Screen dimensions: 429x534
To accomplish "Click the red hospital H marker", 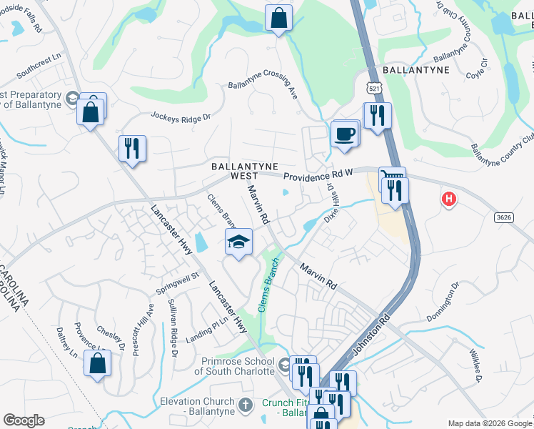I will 448,199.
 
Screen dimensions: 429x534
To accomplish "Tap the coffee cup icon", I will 346,134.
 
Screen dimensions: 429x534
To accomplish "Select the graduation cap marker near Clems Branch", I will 239,242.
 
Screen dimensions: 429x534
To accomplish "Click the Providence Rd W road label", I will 318,174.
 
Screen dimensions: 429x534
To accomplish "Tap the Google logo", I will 24,420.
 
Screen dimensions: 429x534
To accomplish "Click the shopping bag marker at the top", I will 278,17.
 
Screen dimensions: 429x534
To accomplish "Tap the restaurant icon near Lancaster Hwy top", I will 131,149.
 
